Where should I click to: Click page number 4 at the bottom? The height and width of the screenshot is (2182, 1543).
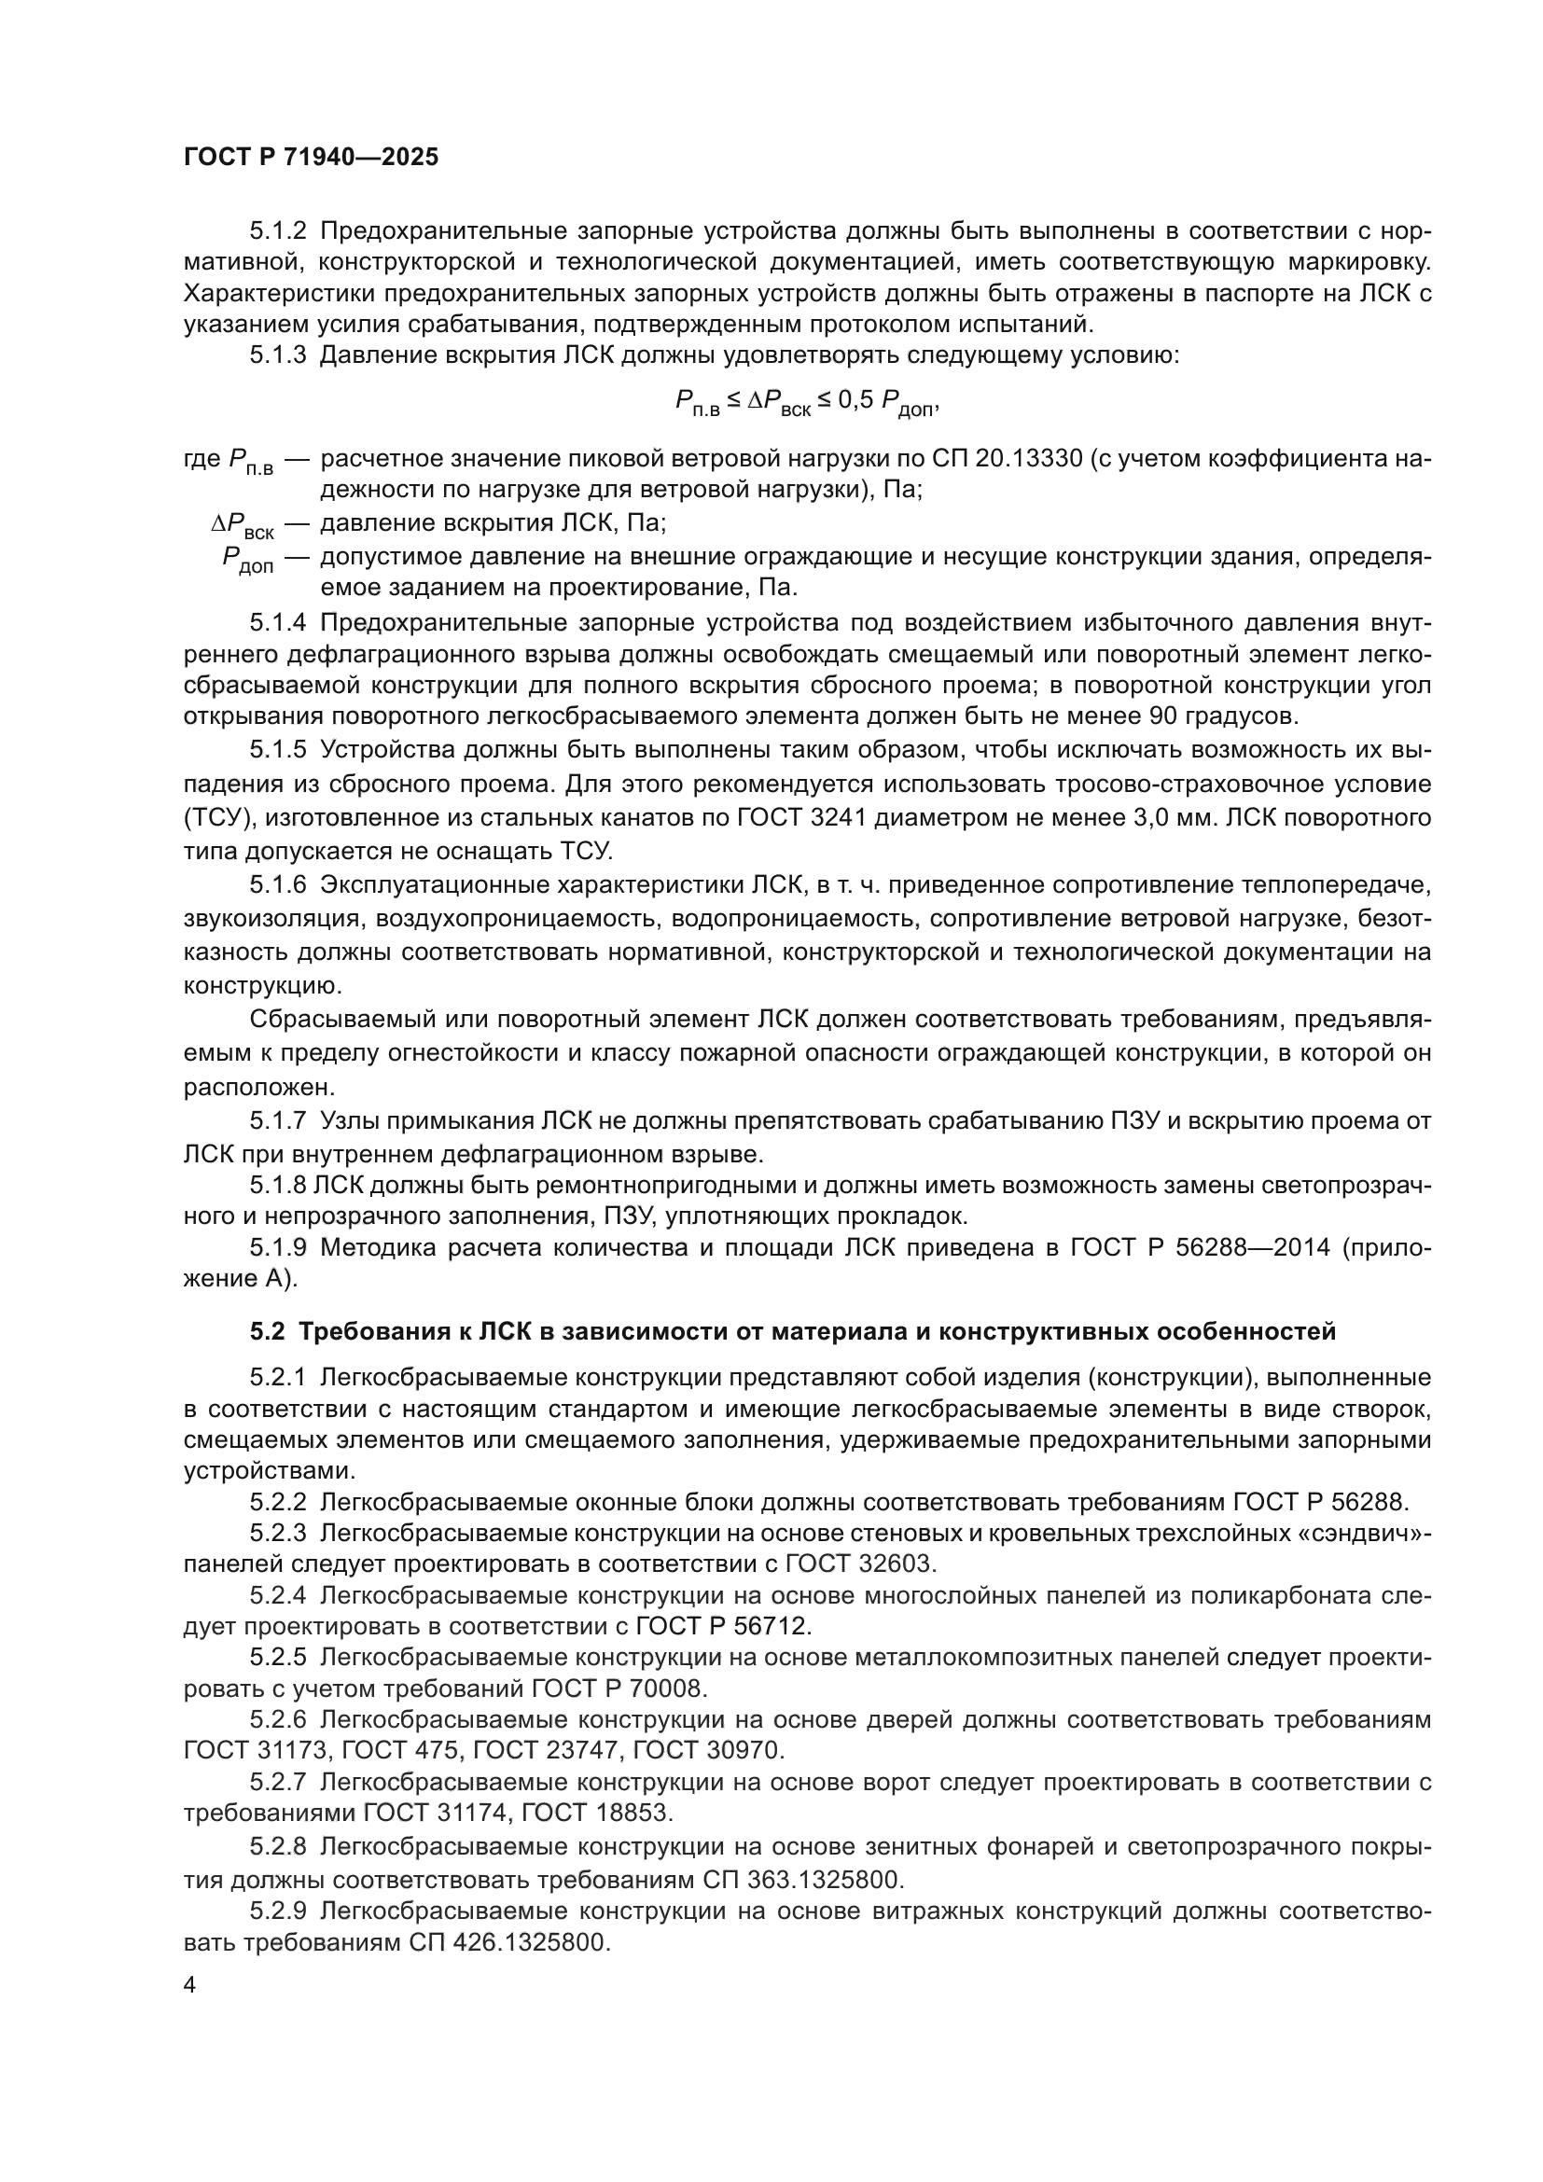[x=190, y=1985]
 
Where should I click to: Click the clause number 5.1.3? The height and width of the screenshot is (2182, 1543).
[x=277, y=356]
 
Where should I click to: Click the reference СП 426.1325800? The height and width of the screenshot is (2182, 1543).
[x=508, y=1942]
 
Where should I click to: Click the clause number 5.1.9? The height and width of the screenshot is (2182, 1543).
[x=277, y=1247]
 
